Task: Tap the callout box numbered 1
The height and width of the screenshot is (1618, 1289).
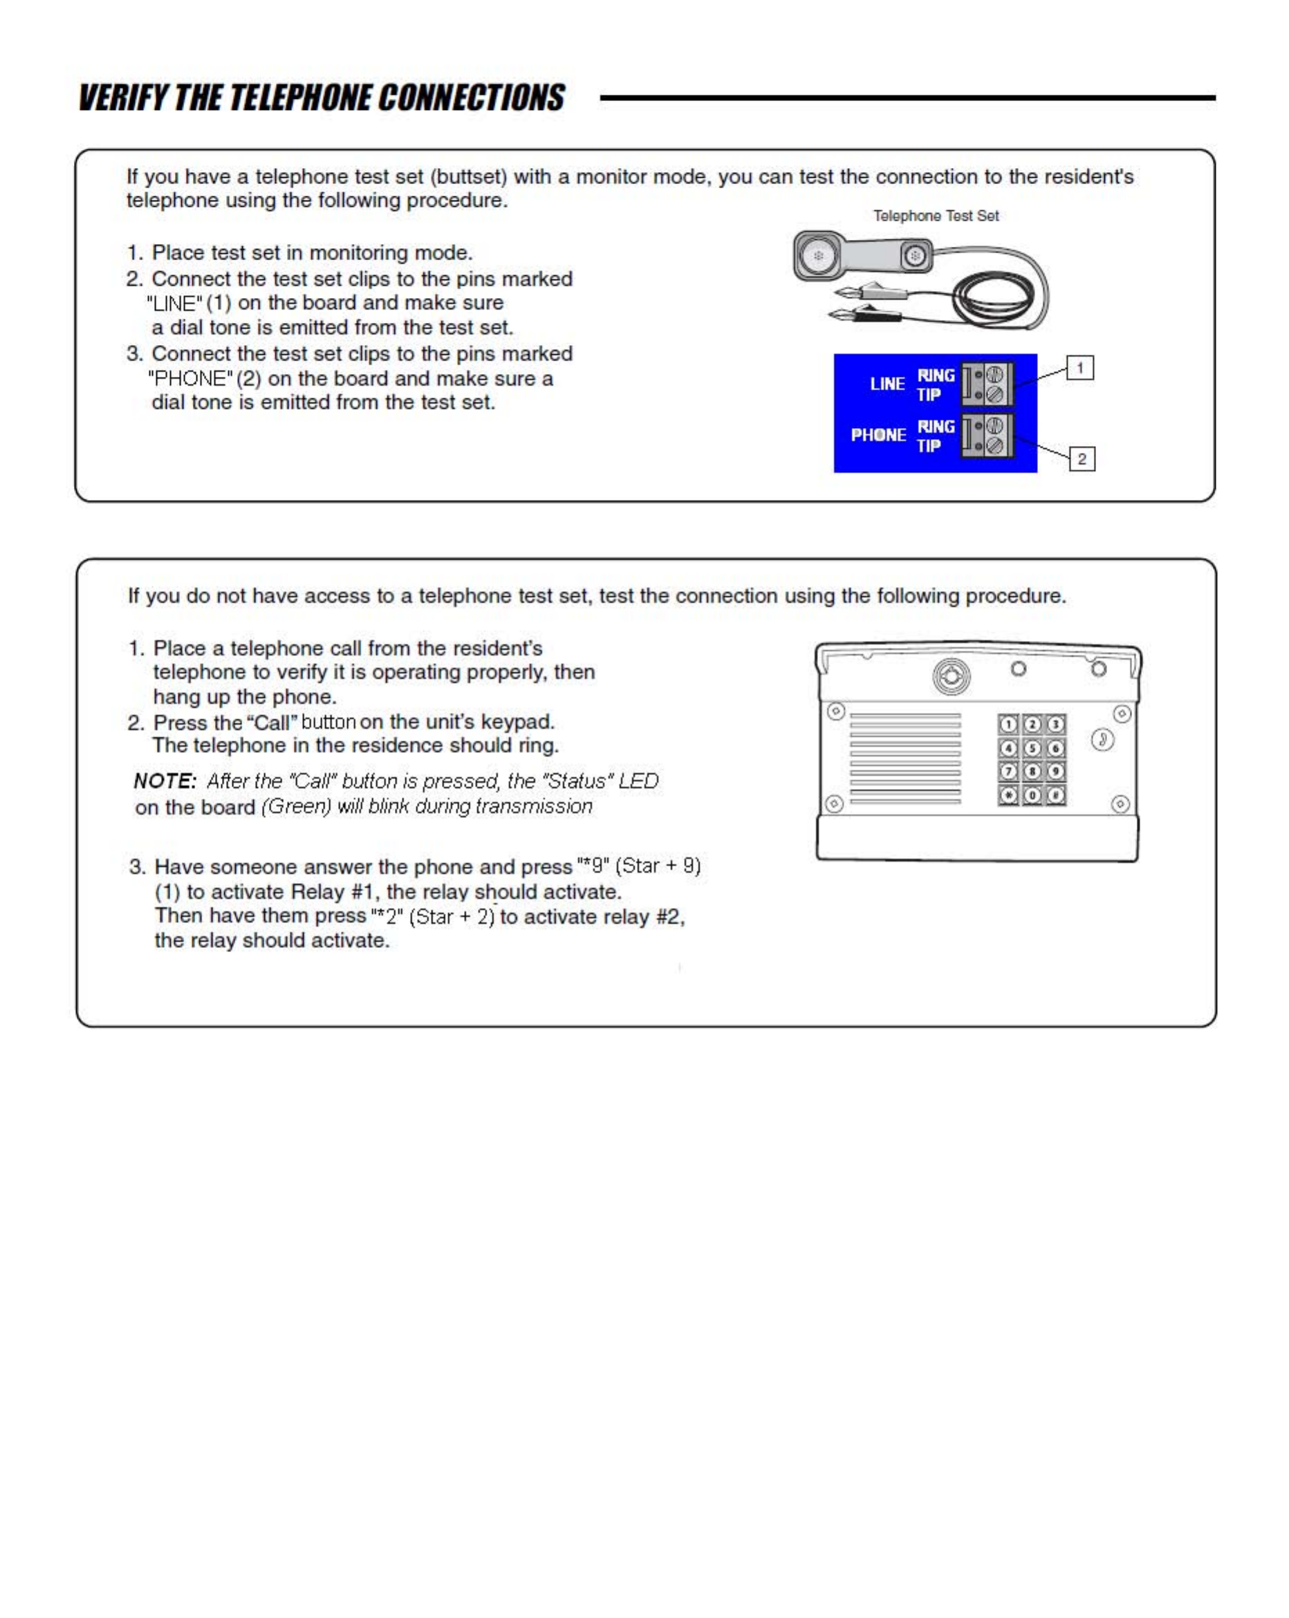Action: point(1079,368)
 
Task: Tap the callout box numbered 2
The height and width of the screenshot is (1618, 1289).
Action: point(1082,458)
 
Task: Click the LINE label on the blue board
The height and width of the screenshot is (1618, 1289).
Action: point(887,384)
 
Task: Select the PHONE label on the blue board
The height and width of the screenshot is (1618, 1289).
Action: point(878,434)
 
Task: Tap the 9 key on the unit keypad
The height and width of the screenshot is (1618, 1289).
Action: point(1055,771)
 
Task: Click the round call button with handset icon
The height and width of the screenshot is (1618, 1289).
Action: point(1102,739)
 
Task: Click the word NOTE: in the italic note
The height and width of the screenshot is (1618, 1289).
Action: point(165,781)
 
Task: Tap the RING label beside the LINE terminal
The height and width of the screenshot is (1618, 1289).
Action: point(936,375)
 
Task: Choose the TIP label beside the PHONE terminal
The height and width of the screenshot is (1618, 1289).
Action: point(929,446)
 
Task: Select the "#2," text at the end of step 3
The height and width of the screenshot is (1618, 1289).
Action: point(669,916)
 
